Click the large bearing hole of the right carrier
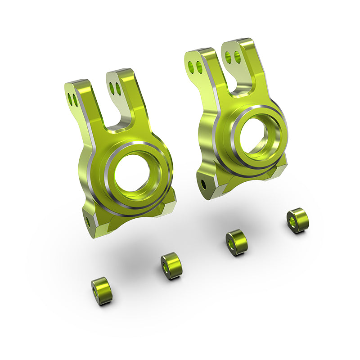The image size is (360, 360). [x=255, y=134]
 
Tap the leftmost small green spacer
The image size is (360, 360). [x=102, y=291]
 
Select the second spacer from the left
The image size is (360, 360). [x=171, y=266]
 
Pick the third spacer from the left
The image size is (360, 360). [x=236, y=242]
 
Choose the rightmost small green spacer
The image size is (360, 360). [x=298, y=220]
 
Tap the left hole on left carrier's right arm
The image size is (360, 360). [x=112, y=87]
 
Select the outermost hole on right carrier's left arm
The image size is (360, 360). [x=191, y=66]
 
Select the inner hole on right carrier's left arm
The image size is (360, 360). [x=198, y=68]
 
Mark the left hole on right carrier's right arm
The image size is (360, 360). [x=229, y=56]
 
